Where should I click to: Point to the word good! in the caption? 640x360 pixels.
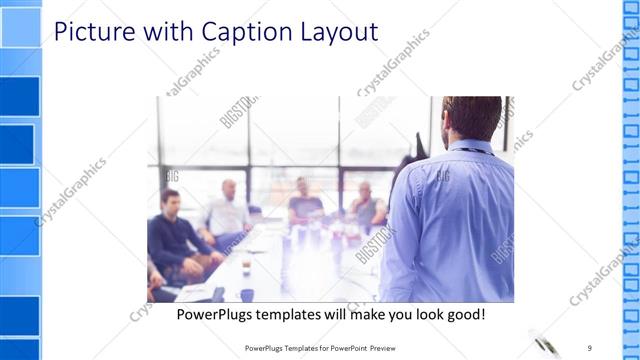coord(463,315)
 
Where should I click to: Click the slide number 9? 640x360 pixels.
coord(589,348)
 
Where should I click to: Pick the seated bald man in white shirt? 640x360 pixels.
coord(229,210)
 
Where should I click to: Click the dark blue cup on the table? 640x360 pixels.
coord(247,294)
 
